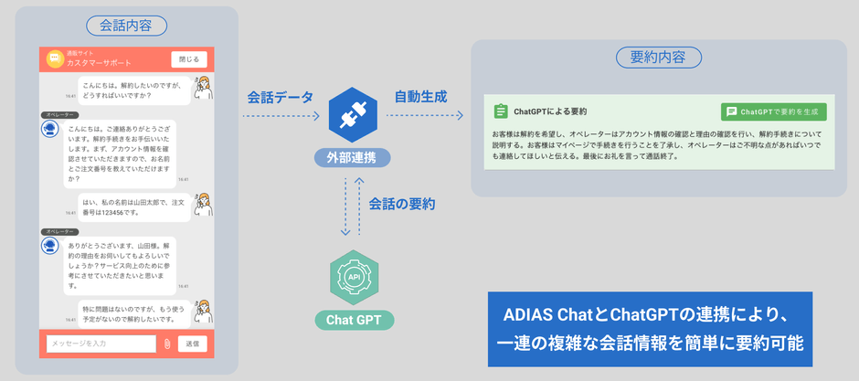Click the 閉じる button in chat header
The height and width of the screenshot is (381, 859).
[x=189, y=59]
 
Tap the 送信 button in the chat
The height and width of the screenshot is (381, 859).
[x=192, y=344]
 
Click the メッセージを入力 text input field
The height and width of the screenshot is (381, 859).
[x=101, y=344]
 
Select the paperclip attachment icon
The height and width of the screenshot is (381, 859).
[x=167, y=344]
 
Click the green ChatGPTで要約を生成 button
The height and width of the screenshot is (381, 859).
[x=774, y=111]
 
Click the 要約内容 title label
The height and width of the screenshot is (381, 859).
[x=659, y=57]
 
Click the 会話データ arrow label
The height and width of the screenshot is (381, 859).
[x=280, y=97]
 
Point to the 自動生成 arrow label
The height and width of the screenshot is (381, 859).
[x=420, y=96]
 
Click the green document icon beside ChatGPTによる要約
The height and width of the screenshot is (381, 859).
[x=500, y=111]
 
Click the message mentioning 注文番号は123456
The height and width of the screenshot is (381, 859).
[x=134, y=207]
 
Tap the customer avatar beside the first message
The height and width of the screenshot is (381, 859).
[x=204, y=88]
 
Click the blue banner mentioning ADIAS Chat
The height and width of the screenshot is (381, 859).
[x=650, y=329]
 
